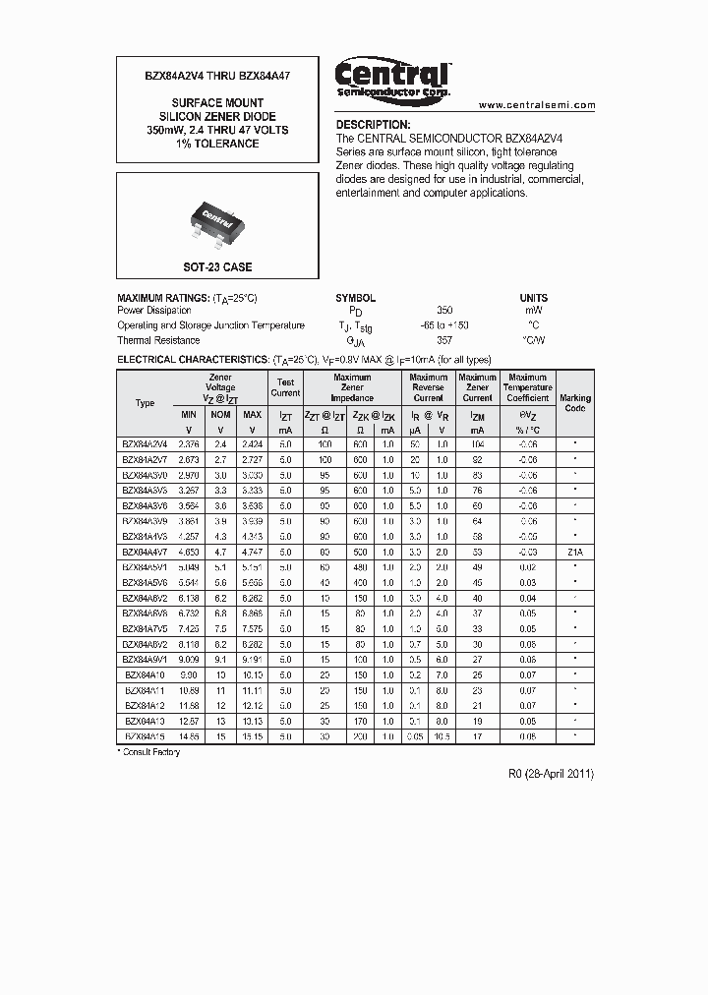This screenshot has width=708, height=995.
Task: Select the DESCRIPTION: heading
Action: (x=373, y=125)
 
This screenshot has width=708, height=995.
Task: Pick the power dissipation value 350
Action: (x=443, y=311)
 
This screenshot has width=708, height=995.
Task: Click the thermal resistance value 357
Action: (x=443, y=340)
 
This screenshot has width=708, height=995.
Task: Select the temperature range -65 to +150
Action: (x=443, y=325)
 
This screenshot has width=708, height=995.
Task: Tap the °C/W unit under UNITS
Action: (x=533, y=340)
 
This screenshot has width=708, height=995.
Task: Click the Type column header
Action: (x=145, y=403)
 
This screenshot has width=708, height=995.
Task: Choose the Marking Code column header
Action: (x=575, y=403)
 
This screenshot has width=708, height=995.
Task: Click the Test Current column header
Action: (x=285, y=387)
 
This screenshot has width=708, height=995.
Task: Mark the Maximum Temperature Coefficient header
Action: (x=527, y=387)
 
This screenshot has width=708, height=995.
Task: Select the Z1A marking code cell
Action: (x=575, y=554)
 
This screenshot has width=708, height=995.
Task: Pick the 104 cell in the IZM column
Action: (x=477, y=443)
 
